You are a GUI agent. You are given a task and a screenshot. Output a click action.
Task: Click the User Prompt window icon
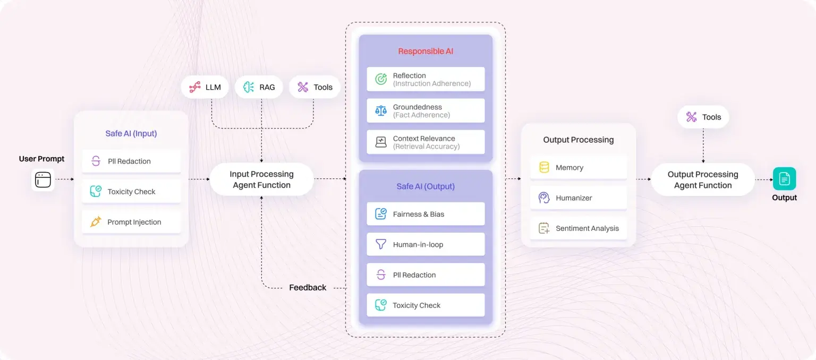tap(42, 180)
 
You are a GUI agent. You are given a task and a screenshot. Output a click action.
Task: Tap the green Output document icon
tap(784, 179)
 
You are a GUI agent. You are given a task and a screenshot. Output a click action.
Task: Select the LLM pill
tap(205, 87)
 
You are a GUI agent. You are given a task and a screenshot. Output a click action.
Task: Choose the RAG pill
tap(259, 87)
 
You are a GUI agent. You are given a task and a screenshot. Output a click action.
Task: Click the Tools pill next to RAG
tap(314, 87)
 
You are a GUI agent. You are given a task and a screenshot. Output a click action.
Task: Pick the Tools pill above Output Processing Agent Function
tap(703, 117)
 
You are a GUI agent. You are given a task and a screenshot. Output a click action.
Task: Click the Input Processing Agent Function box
tap(261, 179)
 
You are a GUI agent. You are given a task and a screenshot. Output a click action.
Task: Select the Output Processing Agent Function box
tap(702, 179)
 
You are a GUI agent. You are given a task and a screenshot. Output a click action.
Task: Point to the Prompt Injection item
tap(131, 222)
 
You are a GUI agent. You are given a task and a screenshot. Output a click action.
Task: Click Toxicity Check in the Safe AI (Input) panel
tap(131, 192)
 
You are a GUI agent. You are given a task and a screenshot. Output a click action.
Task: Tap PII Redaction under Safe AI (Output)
tap(426, 275)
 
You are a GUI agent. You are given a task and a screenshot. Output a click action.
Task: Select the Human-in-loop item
tap(426, 245)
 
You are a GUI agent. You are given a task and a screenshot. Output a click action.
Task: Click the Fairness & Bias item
tap(426, 214)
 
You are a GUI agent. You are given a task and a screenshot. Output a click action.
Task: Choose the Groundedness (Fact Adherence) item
tap(426, 111)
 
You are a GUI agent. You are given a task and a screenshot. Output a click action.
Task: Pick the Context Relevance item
tap(426, 142)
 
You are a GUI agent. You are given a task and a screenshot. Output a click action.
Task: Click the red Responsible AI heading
tap(426, 52)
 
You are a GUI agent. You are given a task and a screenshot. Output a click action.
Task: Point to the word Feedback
tap(308, 288)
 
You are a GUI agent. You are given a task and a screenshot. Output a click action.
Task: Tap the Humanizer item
tap(578, 198)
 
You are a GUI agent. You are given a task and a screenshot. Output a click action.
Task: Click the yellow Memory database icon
tap(544, 168)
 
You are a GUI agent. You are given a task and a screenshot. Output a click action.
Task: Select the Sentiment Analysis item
tap(578, 228)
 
